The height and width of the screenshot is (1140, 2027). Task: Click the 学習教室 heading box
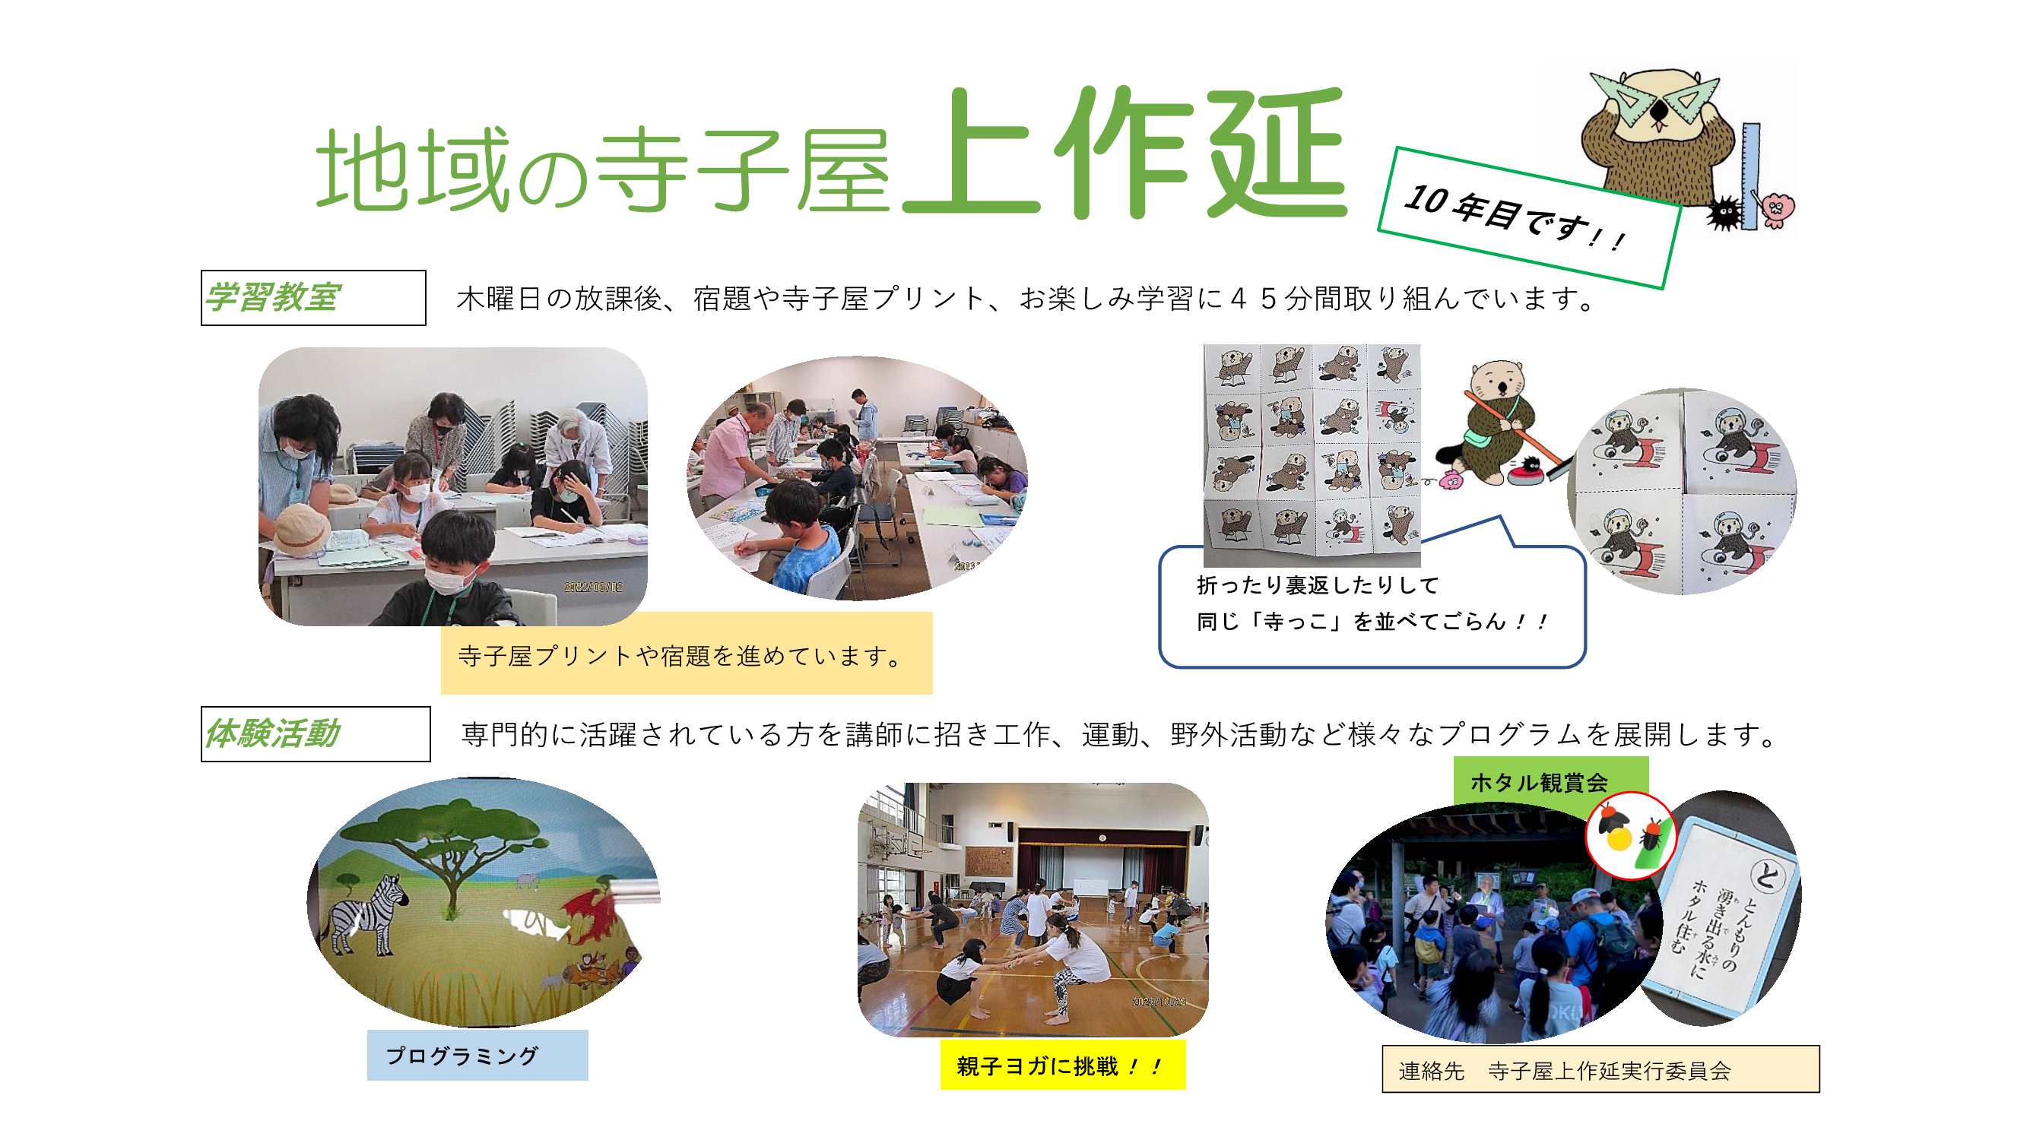coord(313,297)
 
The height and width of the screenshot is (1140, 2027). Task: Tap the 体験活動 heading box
coord(316,733)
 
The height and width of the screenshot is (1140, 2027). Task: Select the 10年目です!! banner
coord(1529,217)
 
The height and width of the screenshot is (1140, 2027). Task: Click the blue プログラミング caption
coord(477,1054)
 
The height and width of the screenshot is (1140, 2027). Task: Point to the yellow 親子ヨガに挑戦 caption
coord(1062,1066)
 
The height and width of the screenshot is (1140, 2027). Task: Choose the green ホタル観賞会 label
coord(1550,781)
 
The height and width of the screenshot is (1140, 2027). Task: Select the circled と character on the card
coord(1765,873)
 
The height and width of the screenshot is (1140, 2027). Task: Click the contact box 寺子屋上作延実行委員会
coord(1600,1069)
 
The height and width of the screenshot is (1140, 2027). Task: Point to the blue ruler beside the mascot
coord(1750,176)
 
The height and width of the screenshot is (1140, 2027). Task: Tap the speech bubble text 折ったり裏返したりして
coord(1317,584)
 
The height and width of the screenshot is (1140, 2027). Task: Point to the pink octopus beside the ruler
coord(1776,208)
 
